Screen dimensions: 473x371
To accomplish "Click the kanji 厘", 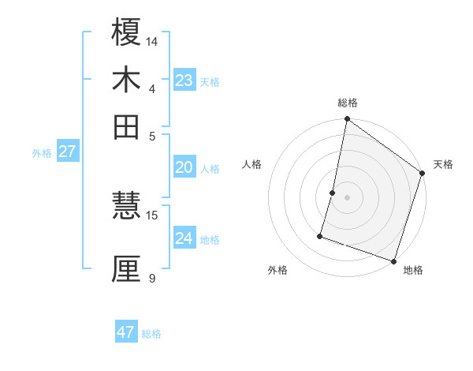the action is [x=126, y=268].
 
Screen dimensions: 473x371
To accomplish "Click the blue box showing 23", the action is [x=184, y=81].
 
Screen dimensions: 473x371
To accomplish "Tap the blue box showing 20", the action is [x=184, y=167].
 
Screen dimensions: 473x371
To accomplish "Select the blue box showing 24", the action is [x=184, y=238].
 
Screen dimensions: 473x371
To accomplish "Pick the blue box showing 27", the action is [x=67, y=152].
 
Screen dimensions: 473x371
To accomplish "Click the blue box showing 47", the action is [x=126, y=332].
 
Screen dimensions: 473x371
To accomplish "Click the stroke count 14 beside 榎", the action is [x=152, y=41].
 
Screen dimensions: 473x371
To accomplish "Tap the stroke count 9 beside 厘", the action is [x=151, y=278].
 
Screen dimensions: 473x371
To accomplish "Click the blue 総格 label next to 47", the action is [x=151, y=334].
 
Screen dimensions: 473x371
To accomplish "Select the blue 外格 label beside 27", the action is [x=42, y=153].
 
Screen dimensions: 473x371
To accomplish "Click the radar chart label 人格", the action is [x=252, y=164].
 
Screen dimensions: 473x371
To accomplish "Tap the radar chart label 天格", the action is [x=443, y=164].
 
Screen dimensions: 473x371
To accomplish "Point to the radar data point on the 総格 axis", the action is [x=347, y=120].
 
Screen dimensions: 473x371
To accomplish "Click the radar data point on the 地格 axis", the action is [x=393, y=260].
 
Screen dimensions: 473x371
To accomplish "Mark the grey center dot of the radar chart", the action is [x=347, y=197].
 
